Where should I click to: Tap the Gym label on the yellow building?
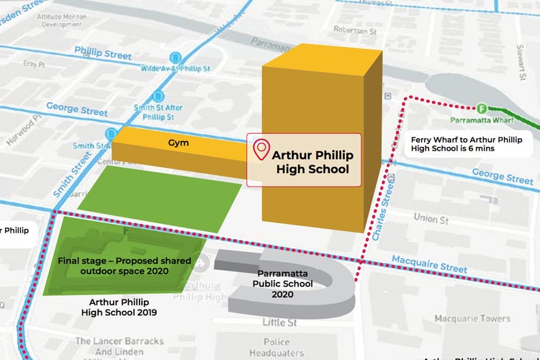179,143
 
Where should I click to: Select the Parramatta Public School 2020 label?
282,284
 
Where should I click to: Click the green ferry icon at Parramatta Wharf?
482,109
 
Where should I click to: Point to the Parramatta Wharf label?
477,120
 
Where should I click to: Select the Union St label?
431,217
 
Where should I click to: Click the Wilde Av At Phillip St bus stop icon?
175,58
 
